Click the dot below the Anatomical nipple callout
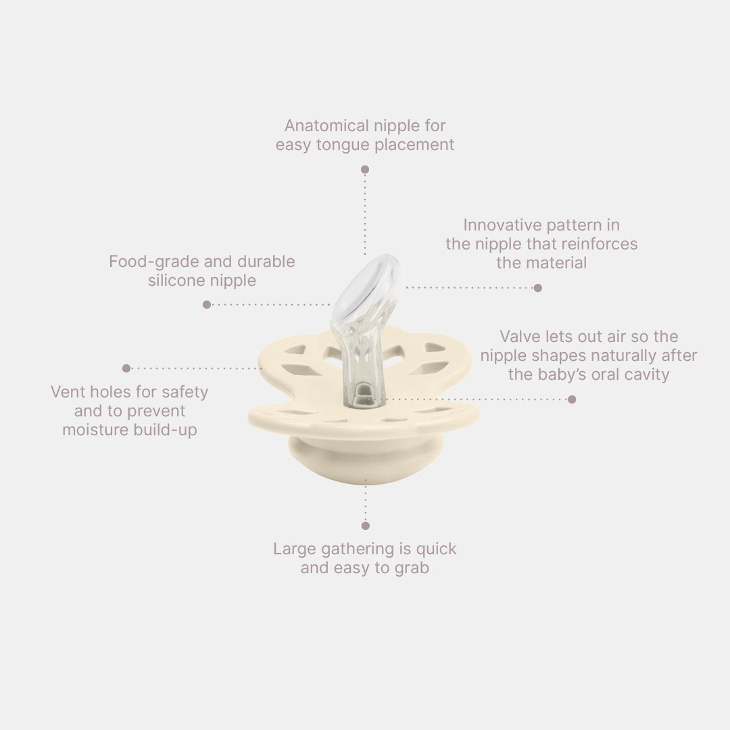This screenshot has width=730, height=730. click(x=365, y=170)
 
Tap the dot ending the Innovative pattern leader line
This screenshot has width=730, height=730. click(x=538, y=288)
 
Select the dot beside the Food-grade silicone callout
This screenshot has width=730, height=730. click(x=208, y=304)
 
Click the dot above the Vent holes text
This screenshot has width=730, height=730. click(x=126, y=368)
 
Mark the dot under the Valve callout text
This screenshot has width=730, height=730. click(x=573, y=399)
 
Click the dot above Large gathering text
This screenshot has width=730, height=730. click(x=366, y=526)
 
